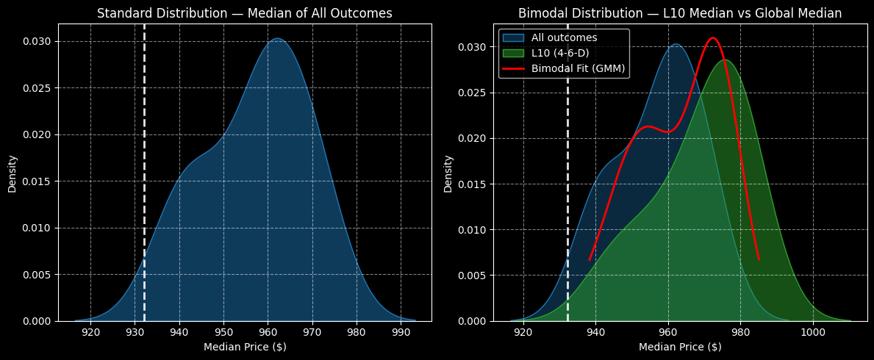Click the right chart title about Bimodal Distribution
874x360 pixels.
680,13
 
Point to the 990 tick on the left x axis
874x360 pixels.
401,332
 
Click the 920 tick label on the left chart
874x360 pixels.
90,332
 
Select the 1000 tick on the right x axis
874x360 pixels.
813,332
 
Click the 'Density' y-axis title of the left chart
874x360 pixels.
12,173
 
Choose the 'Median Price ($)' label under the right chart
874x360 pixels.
680,347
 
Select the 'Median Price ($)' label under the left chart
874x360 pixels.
245,347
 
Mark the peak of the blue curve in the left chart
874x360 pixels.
277,39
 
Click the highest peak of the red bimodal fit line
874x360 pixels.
712,38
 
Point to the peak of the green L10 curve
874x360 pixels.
725,60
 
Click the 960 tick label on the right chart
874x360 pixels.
668,332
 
